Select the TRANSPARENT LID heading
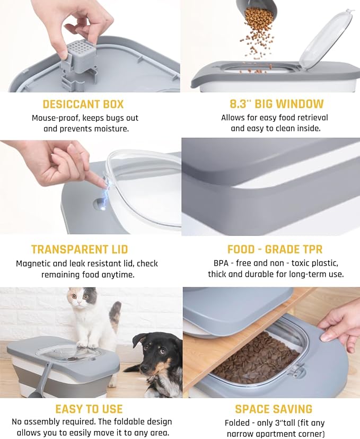[80, 249]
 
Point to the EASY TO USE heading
[89, 409]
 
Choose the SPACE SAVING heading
[274, 409]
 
